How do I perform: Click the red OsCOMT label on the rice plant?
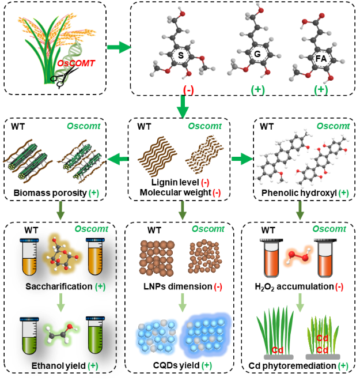(76, 63)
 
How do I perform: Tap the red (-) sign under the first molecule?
(188, 90)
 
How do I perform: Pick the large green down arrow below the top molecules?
(183, 107)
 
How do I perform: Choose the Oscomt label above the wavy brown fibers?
(204, 126)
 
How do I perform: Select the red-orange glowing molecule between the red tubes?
(298, 258)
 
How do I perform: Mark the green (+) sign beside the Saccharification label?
(101, 286)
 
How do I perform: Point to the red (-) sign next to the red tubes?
(339, 286)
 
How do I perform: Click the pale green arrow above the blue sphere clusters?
(183, 303)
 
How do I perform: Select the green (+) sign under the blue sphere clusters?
(207, 365)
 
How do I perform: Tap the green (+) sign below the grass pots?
(343, 365)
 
